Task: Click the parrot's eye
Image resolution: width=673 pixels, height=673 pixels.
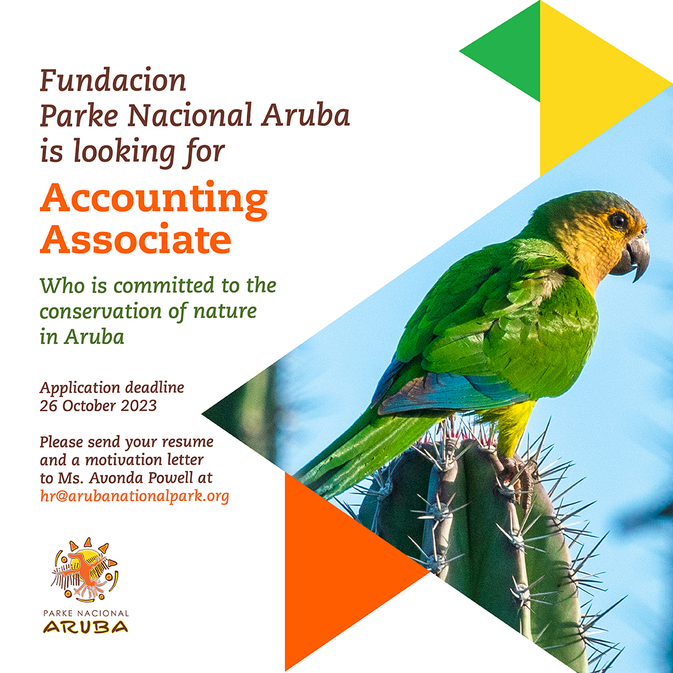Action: (x=618, y=221)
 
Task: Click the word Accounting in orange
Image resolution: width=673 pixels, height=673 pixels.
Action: (x=154, y=200)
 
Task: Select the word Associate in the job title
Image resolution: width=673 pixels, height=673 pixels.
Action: (x=136, y=239)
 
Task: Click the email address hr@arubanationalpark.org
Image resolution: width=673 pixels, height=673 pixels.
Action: (x=135, y=496)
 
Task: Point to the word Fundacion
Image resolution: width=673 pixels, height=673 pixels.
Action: (x=113, y=80)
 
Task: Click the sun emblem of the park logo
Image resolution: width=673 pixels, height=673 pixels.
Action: (x=85, y=570)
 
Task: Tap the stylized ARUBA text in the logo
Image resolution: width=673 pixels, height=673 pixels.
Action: (x=85, y=627)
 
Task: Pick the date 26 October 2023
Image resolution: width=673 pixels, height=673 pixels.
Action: (x=98, y=406)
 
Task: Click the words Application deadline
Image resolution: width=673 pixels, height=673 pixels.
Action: (x=112, y=388)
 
